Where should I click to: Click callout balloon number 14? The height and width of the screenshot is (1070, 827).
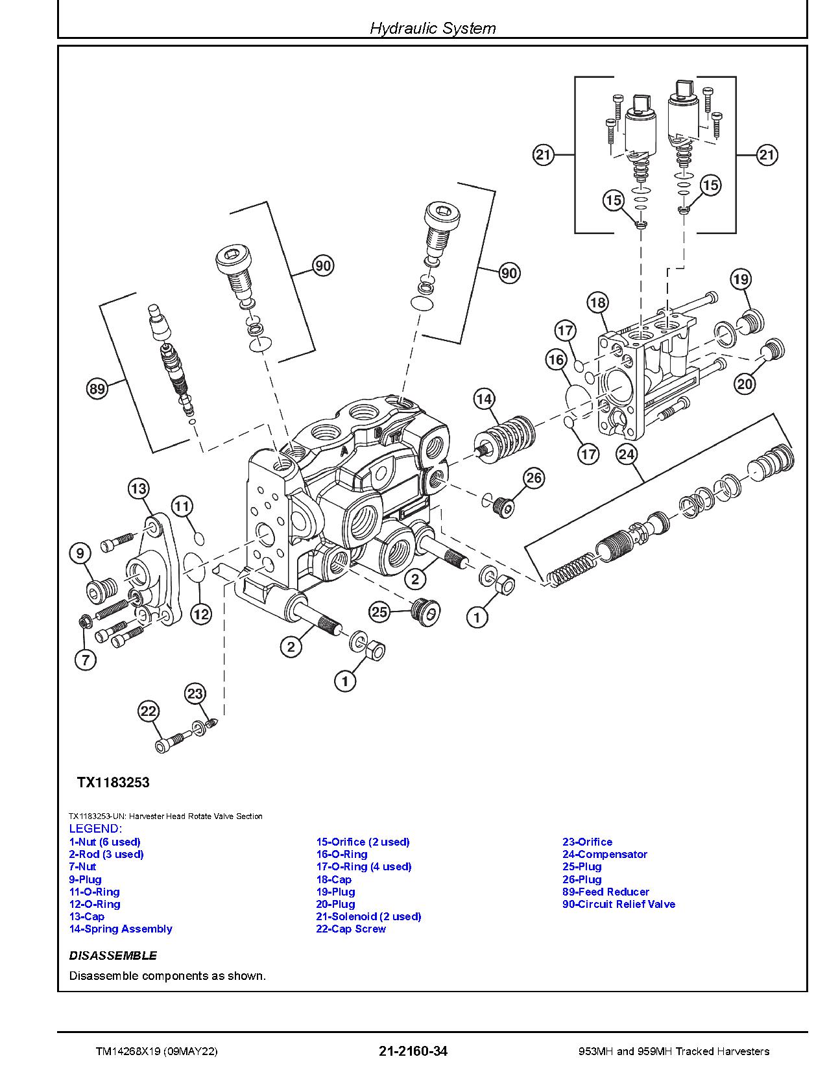(x=485, y=399)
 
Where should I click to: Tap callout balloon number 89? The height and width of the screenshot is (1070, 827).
(x=97, y=389)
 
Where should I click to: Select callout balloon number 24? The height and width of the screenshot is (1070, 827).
(x=627, y=455)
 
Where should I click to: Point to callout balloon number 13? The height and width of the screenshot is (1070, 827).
(x=138, y=488)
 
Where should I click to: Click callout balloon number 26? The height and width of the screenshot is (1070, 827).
(x=534, y=478)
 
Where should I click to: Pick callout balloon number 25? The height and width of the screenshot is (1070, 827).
(x=379, y=612)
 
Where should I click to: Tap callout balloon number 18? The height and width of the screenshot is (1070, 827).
(x=597, y=302)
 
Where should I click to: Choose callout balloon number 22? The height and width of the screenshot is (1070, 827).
(x=149, y=711)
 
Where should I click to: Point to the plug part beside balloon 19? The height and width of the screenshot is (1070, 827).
(x=752, y=321)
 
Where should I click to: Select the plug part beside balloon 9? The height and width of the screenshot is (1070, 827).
(x=101, y=589)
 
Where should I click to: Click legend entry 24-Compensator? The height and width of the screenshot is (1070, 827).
(x=605, y=855)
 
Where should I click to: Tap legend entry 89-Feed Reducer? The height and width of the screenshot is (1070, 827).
(x=605, y=892)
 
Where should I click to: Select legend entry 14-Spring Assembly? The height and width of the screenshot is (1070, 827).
(x=121, y=929)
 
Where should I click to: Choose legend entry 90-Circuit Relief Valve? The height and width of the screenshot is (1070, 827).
(x=618, y=904)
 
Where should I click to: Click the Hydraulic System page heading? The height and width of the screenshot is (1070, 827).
(x=433, y=28)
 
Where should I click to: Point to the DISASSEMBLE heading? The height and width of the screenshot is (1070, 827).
(x=113, y=955)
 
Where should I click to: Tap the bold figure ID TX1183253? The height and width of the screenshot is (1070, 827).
(x=114, y=782)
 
